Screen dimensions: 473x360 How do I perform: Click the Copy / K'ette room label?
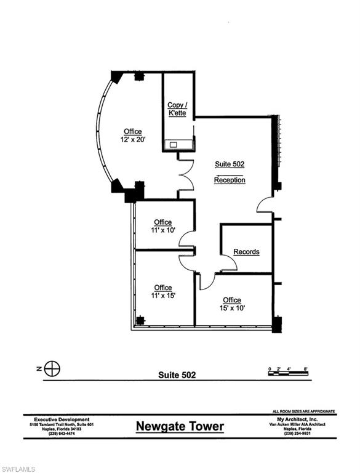(177, 109)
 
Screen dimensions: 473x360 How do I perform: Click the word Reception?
(230, 180)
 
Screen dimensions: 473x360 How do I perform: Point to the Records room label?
(246, 252)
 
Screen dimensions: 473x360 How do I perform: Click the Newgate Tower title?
(180, 426)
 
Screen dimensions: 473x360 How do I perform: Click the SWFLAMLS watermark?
(20, 462)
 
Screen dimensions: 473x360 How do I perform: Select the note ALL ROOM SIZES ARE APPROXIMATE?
(303, 411)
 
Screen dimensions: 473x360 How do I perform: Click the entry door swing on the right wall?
(265, 205)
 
